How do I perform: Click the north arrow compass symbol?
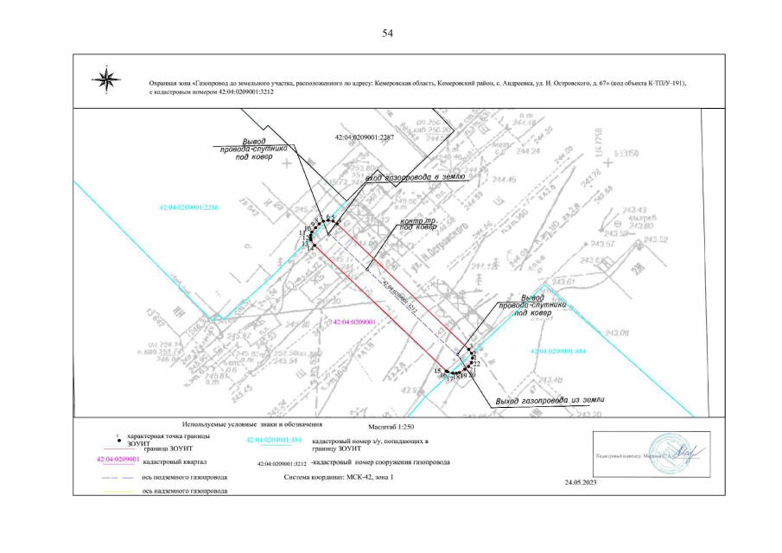tap(108, 80)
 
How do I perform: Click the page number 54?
tap(388, 34)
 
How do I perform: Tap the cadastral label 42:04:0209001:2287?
tap(364, 137)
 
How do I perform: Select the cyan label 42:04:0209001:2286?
tap(189, 207)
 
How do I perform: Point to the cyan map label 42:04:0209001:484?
tap(558, 352)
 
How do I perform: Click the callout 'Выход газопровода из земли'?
tap(550, 401)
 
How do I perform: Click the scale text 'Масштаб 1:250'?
tap(391, 425)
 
